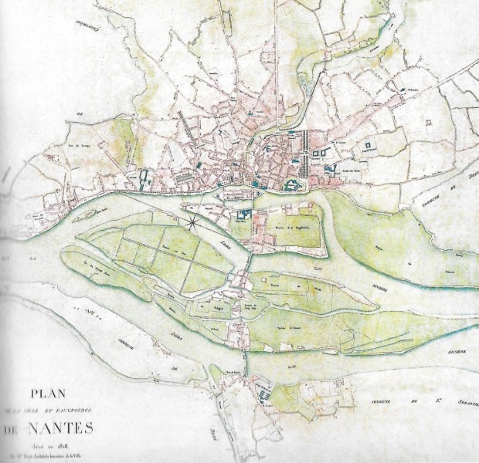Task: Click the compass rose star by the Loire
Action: tap(190, 225)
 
